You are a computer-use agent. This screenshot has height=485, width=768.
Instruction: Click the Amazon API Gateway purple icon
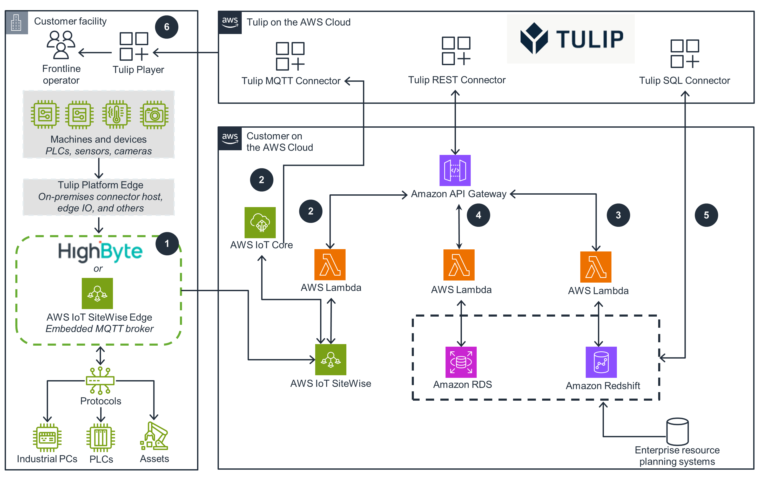pyautogui.click(x=455, y=170)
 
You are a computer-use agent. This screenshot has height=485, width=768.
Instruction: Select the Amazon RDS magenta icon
pyautogui.click(x=461, y=362)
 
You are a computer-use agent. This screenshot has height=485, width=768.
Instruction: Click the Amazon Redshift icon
pyautogui.click(x=601, y=362)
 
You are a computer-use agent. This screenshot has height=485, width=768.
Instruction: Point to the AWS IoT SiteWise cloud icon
pyautogui.click(x=331, y=359)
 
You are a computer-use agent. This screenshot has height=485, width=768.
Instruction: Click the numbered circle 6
pyautogui.click(x=166, y=27)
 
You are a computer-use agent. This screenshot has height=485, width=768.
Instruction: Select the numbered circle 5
pyautogui.click(x=706, y=215)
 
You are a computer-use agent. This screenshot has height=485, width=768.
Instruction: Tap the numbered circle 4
pyautogui.click(x=478, y=215)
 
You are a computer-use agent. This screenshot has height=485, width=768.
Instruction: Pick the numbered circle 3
pyautogui.click(x=618, y=215)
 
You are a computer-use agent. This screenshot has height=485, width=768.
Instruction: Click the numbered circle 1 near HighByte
pyautogui.click(x=167, y=244)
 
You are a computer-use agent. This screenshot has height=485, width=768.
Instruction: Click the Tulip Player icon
pyautogui.click(x=134, y=46)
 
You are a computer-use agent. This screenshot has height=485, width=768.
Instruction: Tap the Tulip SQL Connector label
pyautogui.click(x=684, y=80)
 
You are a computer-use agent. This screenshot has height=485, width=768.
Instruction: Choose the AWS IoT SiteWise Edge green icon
pyautogui.click(x=97, y=293)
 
